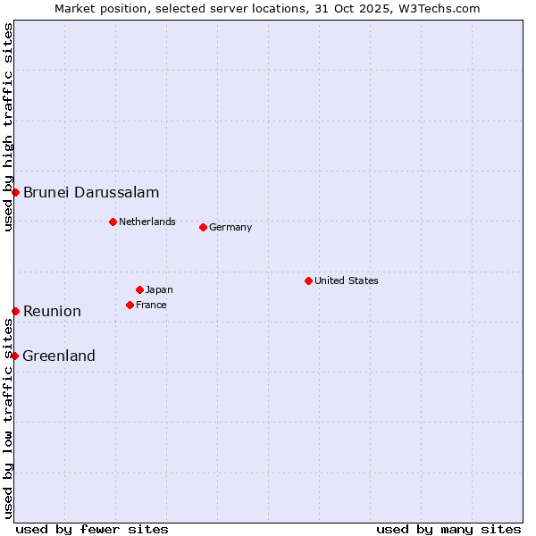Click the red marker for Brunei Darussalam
click(15, 192)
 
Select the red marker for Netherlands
click(113, 222)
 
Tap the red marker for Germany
click(203, 227)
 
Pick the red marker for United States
click(308, 281)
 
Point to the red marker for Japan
click(139, 289)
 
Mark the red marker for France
click(130, 305)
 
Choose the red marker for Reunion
click(15, 311)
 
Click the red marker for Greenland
click(14, 356)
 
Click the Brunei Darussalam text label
click(91, 192)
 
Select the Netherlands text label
click(147, 222)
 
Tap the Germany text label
click(230, 227)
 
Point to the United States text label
click(347, 281)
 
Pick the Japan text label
click(159, 289)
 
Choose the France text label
click(151, 305)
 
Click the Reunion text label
click(52, 311)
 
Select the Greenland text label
click(59, 356)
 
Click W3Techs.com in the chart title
click(439, 8)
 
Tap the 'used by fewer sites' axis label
click(92, 529)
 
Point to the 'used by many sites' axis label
click(448, 529)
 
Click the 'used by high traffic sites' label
click(8, 127)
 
